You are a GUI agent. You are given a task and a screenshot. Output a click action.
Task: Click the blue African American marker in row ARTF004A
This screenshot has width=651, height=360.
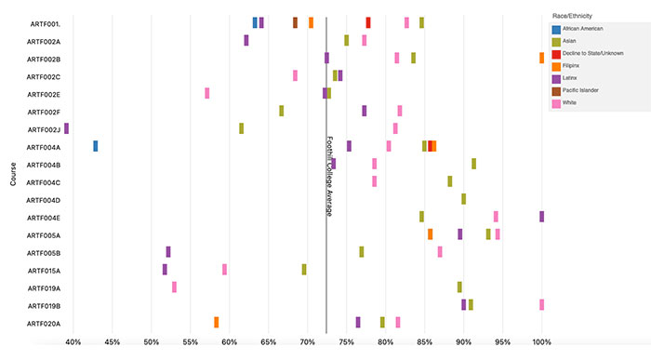pos(95,146)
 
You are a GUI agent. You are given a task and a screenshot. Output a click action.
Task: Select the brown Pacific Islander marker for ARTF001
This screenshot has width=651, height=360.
pos(295,22)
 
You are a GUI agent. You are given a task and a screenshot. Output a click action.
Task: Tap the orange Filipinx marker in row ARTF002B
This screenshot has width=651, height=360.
pos(541,58)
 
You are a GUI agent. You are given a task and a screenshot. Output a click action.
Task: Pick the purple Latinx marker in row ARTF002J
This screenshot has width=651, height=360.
pos(66,128)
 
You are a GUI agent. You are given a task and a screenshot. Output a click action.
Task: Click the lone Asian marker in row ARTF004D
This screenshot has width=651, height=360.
pos(463,199)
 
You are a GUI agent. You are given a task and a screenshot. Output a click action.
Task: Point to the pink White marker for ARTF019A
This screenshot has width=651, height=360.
pos(174,287)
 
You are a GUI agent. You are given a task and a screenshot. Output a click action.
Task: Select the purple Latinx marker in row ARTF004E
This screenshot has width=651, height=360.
pos(541,216)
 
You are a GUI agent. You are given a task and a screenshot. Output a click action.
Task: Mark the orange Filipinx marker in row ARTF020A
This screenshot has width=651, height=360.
pos(216,322)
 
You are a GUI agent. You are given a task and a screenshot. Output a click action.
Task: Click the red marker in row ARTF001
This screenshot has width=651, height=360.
pos(367,22)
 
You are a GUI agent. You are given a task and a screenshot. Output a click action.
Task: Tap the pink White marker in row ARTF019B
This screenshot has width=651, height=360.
pos(541,304)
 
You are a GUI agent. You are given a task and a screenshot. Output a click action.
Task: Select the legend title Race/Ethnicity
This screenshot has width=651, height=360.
pos(572,16)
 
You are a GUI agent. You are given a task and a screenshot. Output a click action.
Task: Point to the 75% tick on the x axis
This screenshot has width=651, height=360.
pos(346,342)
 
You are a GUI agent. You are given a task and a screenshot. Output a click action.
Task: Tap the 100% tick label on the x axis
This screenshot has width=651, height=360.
pos(541,342)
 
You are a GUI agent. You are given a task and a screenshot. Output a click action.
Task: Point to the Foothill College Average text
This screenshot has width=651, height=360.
pos(329,177)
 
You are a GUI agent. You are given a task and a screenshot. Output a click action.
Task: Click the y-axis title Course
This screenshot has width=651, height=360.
pos(13,174)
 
